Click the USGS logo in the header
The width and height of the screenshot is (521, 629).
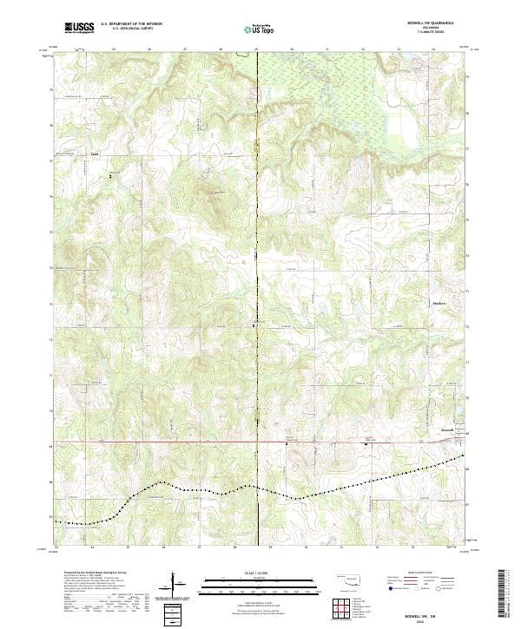coord(79,29)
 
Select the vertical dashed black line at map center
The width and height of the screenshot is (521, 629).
coord(257,260)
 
